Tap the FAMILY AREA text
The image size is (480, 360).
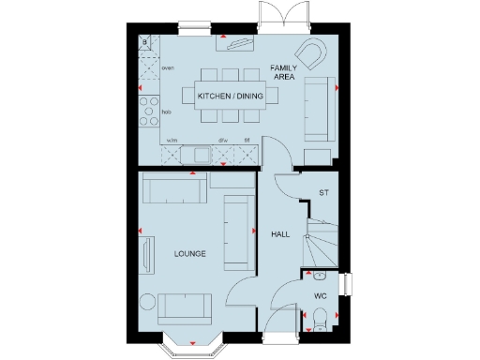point(283,73)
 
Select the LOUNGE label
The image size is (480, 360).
point(190,254)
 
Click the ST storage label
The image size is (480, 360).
point(324,193)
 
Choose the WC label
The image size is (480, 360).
point(320,296)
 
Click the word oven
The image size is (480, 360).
point(168,68)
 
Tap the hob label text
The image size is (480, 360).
point(166,112)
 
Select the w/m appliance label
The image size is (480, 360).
point(172,141)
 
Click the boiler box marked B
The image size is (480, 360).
point(145,43)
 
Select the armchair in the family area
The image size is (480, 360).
point(308,52)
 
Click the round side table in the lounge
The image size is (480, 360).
point(147,302)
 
